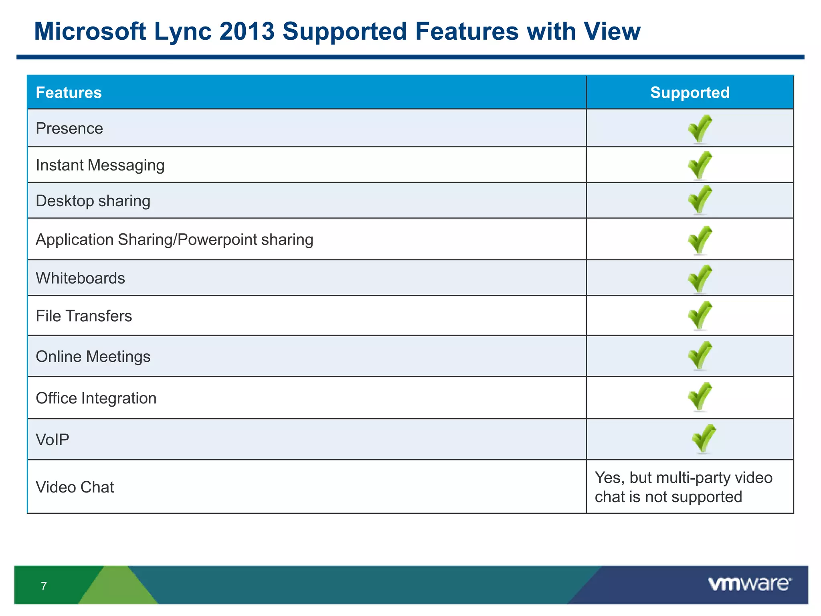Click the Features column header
69,93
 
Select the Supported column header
690,93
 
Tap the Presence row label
69,128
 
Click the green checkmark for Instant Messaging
700,165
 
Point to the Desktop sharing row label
93,201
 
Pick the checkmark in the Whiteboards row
700,278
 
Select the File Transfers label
84,316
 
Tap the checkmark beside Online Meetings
700,355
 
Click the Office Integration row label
96,398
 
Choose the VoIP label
53,440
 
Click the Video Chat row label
75,487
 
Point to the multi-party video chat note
683,487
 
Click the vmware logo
750,584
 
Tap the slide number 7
44,586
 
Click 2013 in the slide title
247,31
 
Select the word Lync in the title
183,31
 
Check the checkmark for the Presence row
700,128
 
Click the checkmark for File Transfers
700,315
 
